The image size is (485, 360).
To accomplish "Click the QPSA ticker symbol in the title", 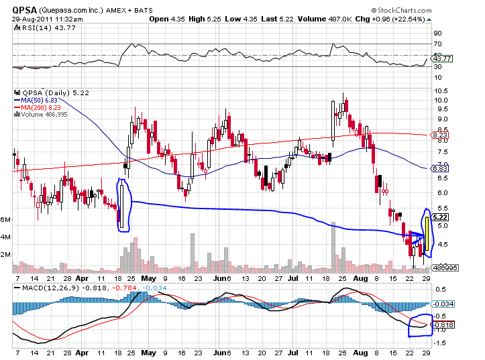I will click(23, 9).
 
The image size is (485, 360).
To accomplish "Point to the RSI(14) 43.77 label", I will click(39, 28).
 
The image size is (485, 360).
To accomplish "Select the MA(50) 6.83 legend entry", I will click(34, 100).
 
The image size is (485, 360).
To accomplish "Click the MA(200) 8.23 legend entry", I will click(34, 107).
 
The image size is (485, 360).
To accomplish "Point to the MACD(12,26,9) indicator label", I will click(42, 287).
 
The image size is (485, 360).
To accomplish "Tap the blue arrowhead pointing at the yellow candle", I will click(419, 237).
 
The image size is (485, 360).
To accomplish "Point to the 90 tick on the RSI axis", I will click(437, 33).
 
